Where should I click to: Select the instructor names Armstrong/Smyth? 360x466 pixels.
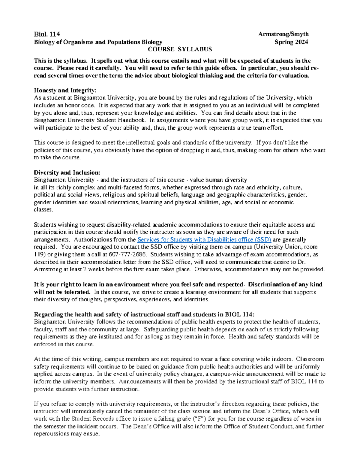283,34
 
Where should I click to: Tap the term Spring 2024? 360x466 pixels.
291,42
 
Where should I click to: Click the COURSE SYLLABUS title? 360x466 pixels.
180,49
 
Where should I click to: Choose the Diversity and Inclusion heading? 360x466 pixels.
67,173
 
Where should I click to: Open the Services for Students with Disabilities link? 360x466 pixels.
204,239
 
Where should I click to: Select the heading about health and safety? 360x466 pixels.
144,314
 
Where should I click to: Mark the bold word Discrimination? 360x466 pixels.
268,284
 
